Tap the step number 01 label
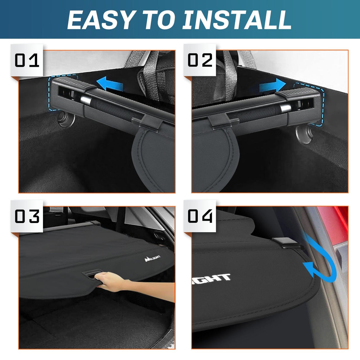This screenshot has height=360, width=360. [27, 60]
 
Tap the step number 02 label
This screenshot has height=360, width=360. [200, 60]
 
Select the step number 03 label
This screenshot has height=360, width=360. [27, 216]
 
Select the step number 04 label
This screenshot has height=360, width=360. [200, 216]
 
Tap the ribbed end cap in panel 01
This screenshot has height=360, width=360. [74, 85]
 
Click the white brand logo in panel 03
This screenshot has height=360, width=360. [152, 258]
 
